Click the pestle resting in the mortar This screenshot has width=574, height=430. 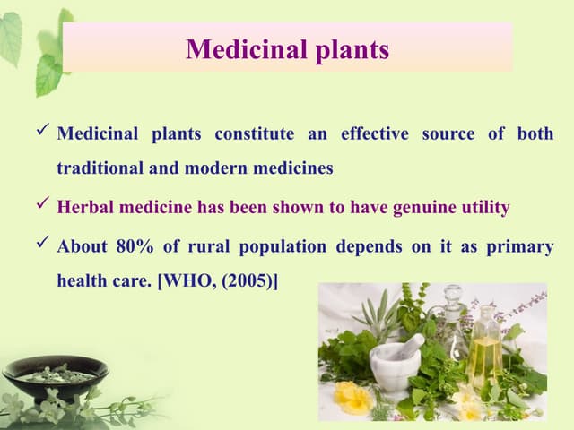coord(410,346)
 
